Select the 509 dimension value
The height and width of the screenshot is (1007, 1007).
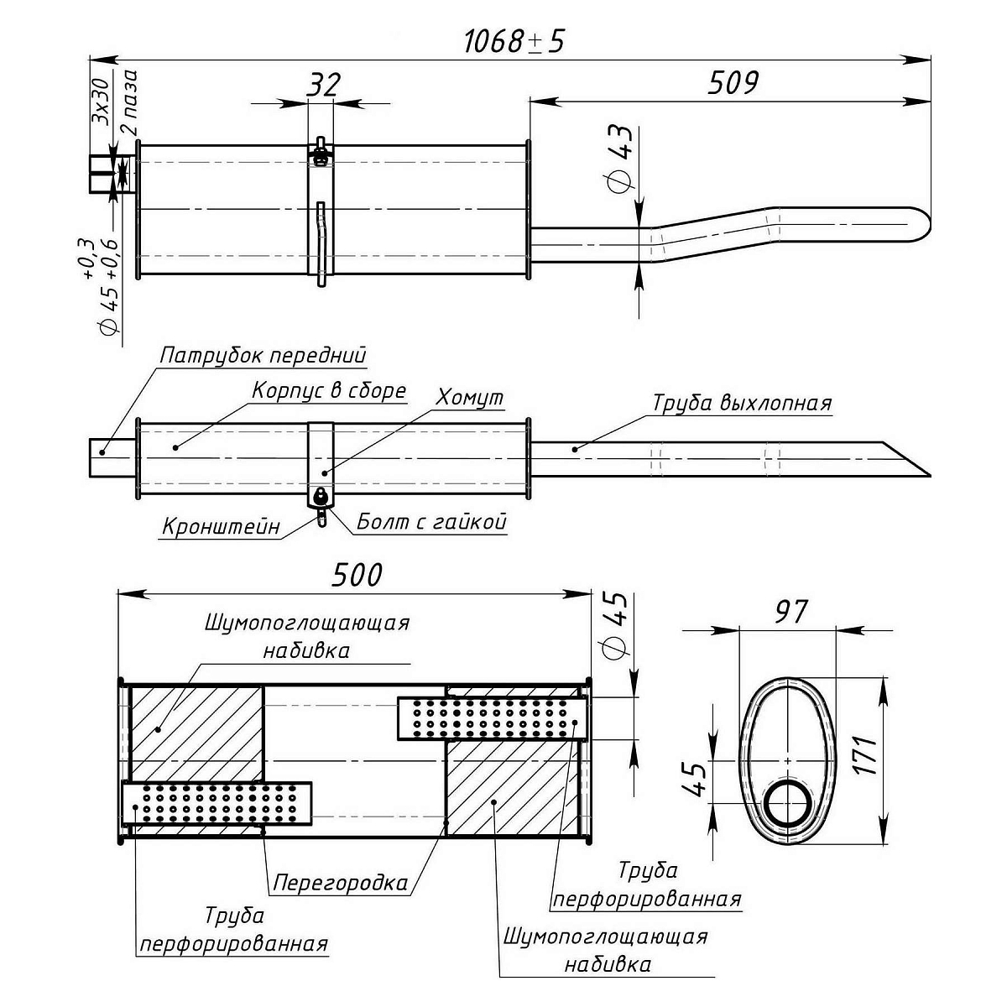733,83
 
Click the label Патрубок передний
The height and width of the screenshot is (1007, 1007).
263,355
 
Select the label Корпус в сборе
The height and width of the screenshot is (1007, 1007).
329,391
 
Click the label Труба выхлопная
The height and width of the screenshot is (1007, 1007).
742,403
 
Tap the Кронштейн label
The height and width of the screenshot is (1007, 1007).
221,527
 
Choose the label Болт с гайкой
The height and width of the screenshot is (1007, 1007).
432,522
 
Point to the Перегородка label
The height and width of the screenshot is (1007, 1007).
341,882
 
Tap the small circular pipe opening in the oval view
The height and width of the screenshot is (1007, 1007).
787,804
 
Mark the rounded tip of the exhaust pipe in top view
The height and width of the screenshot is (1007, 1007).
921,225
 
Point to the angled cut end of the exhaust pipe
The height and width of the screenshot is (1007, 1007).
906,458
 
